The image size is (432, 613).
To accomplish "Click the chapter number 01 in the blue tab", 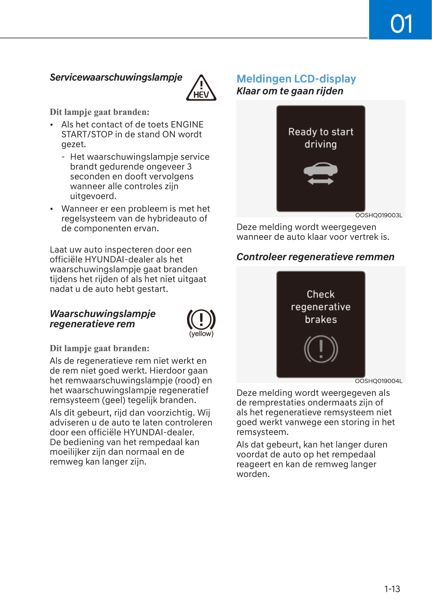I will (x=401, y=24).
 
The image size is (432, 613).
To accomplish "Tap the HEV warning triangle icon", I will (x=201, y=88).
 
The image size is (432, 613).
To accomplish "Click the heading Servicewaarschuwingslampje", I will (x=116, y=77).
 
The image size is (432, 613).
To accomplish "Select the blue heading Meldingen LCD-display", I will (x=296, y=79).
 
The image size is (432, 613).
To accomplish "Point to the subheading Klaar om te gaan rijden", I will (x=290, y=91).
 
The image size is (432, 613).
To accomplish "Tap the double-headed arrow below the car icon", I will (x=320, y=181).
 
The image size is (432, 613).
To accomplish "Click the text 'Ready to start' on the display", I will (x=320, y=132).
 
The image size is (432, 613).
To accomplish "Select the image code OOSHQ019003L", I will (x=378, y=215).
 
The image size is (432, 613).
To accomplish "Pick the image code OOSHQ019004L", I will (x=378, y=381).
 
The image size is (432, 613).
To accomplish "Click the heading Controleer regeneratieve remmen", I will (x=315, y=257).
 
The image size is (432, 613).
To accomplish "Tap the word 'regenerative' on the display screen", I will (x=320, y=307).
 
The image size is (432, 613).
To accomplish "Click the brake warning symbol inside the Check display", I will (x=321, y=349).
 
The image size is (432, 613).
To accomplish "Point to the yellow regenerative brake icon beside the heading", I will (x=201, y=319).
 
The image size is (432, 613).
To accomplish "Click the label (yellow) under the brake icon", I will (x=201, y=334).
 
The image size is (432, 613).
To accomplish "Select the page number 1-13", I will (x=392, y=589).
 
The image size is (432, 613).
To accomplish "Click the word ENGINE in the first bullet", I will (x=187, y=125).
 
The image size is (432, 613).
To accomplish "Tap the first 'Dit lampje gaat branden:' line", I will (x=99, y=112).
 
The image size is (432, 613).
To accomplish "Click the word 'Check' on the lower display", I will (x=320, y=294).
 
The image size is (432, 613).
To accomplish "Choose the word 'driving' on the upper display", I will (x=320, y=144).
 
